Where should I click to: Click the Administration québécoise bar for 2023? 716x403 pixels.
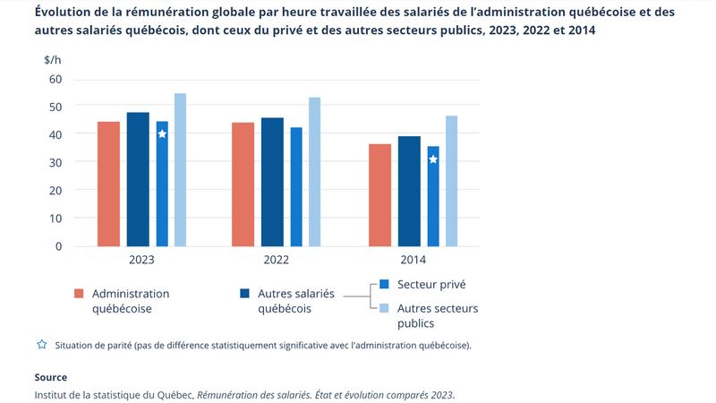(x=108, y=184)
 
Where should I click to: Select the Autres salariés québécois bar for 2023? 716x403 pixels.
(x=138, y=179)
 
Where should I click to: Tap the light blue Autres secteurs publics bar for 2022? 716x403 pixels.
(x=314, y=171)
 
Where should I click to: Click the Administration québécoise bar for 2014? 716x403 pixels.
(x=379, y=194)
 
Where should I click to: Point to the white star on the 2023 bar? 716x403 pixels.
(x=162, y=134)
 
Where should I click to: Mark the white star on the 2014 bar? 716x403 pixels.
(x=433, y=159)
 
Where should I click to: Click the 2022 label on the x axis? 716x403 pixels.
(x=276, y=260)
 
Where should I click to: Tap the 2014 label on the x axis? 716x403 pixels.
(x=413, y=260)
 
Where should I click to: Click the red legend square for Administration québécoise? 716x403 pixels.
(x=79, y=294)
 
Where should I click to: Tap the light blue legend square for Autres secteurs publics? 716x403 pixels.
(x=384, y=308)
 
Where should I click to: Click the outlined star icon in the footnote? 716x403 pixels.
(x=40, y=345)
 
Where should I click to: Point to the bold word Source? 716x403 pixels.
(x=50, y=377)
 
